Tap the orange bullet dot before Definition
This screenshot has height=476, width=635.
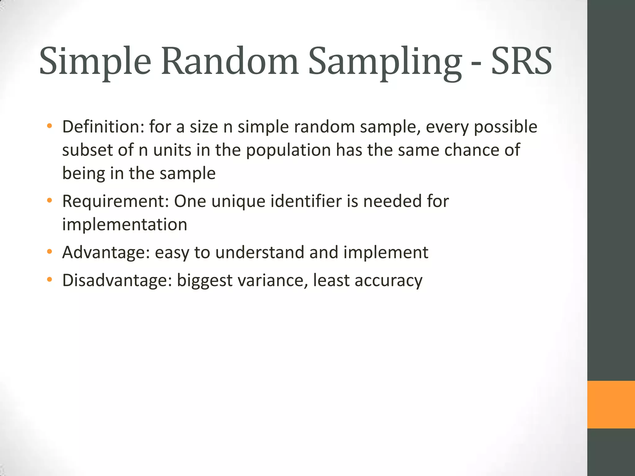point(49,126)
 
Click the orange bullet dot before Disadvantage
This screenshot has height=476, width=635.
point(49,280)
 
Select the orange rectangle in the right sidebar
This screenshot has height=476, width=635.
point(611,404)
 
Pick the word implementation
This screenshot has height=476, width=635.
point(125,224)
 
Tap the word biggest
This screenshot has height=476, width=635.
point(204,281)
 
